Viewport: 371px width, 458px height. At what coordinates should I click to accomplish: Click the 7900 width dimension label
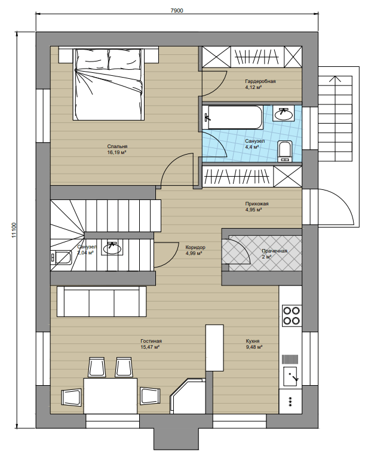click(x=177, y=11)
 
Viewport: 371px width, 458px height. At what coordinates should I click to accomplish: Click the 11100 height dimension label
click(x=14, y=230)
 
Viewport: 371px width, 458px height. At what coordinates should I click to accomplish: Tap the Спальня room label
click(x=117, y=146)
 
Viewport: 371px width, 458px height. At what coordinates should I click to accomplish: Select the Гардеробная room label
click(x=260, y=81)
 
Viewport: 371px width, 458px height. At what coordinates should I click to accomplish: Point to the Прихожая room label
click(x=257, y=204)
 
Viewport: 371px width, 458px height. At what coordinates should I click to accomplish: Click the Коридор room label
click(x=195, y=247)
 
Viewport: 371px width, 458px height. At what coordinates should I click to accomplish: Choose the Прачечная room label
click(x=275, y=251)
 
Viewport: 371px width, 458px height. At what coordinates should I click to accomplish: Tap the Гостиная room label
click(x=151, y=341)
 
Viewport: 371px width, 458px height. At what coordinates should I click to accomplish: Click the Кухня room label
click(x=253, y=341)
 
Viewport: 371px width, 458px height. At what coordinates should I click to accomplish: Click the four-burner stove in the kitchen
click(x=292, y=315)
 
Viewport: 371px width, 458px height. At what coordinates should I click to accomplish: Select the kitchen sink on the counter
click(x=290, y=377)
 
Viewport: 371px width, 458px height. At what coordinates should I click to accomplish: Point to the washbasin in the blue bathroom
click(x=284, y=113)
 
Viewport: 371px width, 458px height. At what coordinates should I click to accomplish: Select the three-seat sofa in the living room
click(x=102, y=302)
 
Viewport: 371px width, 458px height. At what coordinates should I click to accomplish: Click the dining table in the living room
click(x=111, y=396)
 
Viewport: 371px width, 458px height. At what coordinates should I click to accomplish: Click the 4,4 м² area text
click(x=252, y=147)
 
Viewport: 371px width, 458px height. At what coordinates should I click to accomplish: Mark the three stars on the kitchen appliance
click(x=290, y=402)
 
